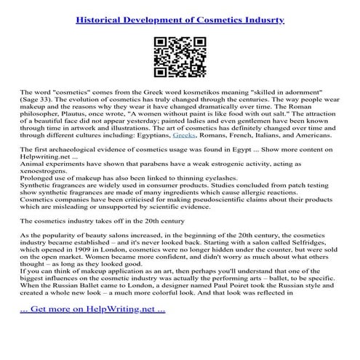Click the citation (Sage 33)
click(39, 103)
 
